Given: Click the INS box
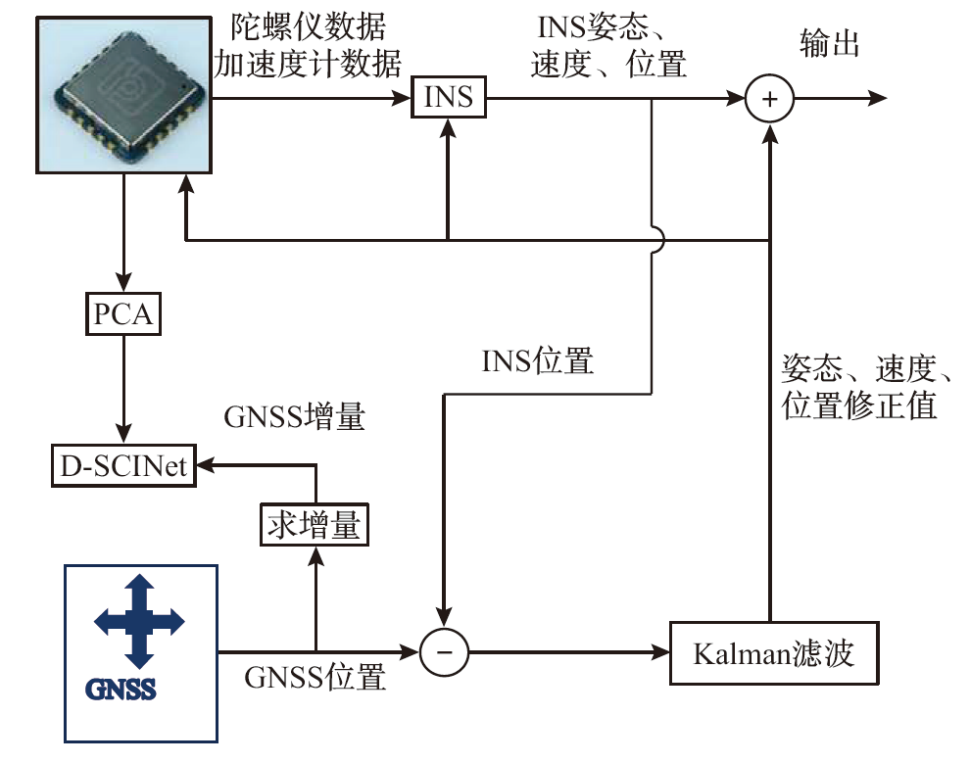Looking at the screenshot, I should coord(449,98).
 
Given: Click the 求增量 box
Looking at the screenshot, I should coord(315,527).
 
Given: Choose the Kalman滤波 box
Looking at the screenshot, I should coord(772,653).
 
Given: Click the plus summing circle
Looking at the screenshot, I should coord(769,98).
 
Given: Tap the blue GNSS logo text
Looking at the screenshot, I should coord(125,689).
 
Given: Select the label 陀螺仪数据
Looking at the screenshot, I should coord(308,26).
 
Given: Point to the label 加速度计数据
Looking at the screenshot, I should coord(308,65).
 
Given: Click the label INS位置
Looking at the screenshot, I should coord(538,361).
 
